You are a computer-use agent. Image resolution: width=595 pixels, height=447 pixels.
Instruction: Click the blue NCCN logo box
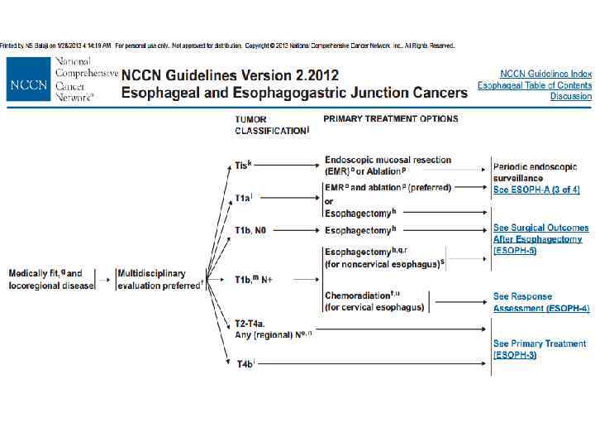pyautogui.click(x=30, y=84)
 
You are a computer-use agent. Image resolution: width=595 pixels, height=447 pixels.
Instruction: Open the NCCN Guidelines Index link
pyautogui.click(x=545, y=74)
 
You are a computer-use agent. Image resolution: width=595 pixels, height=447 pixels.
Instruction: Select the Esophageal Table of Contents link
pyautogui.click(x=535, y=85)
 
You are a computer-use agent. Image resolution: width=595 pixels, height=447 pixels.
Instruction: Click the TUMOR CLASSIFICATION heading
pyautogui.click(x=272, y=125)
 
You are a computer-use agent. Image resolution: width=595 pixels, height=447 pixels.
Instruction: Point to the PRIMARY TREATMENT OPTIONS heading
pyautogui.click(x=390, y=119)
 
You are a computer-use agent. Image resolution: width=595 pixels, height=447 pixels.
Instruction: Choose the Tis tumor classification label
pyautogui.click(x=243, y=166)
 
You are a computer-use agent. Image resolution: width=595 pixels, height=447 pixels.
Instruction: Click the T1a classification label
pyautogui.click(x=244, y=199)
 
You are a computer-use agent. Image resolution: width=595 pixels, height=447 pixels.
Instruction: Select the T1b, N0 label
pyautogui.click(x=251, y=230)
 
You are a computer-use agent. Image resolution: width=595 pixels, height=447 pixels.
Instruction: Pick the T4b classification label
pyautogui.click(x=245, y=363)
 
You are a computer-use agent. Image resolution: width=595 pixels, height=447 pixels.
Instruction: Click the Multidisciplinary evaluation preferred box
pyautogui.click(x=160, y=279)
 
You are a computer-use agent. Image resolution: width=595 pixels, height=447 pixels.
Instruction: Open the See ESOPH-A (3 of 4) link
pyautogui.click(x=536, y=190)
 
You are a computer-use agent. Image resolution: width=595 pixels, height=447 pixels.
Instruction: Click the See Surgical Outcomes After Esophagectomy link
pyautogui.click(x=540, y=238)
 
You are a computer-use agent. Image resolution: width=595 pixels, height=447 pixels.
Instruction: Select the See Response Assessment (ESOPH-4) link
pyautogui.click(x=540, y=302)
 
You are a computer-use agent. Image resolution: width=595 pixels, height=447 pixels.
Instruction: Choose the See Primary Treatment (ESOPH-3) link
pyautogui.click(x=539, y=348)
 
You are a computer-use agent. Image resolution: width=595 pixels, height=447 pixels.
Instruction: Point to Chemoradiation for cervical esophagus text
pyautogui.click(x=374, y=301)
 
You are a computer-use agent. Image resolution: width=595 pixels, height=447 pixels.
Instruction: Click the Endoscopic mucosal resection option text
pyautogui.click(x=388, y=165)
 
